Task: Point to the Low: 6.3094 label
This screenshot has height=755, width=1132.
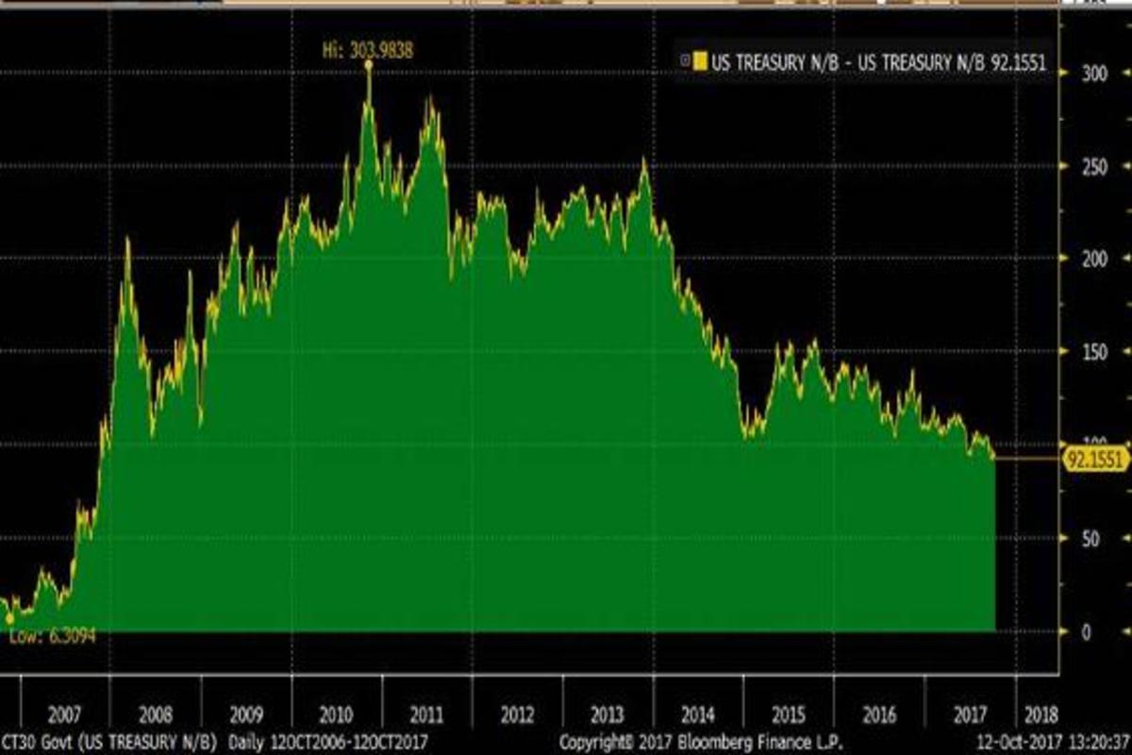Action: coord(53,636)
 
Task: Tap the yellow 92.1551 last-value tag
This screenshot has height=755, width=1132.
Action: coord(1095,460)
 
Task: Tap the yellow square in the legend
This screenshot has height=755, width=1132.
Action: coord(699,62)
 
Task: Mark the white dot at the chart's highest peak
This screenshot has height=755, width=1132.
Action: coord(368,64)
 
